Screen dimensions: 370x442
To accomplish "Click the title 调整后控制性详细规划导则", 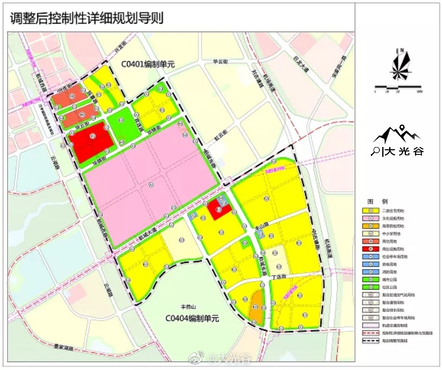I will [x=86, y=19].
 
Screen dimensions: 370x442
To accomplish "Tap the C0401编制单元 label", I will [x=148, y=64].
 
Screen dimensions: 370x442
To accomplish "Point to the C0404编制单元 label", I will [x=192, y=319].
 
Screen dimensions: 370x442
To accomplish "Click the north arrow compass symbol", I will [x=398, y=65].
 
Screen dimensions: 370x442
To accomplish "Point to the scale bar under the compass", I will [x=398, y=87].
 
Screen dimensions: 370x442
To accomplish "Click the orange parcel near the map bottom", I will [x=256, y=307].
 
